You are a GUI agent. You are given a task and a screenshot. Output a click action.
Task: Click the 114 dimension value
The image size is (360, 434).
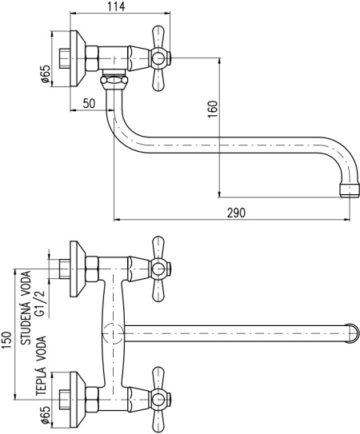pyautogui.click(x=116, y=6)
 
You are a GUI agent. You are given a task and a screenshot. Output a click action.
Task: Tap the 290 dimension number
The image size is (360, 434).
pyautogui.click(x=236, y=213)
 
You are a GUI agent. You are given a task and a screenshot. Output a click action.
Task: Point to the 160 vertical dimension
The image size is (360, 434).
pyautogui.click(x=213, y=109)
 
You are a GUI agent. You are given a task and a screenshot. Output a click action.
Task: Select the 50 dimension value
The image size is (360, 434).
pyautogui.click(x=89, y=104)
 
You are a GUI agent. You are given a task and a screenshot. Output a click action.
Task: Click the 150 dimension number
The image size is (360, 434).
pyautogui.click(x=6, y=340)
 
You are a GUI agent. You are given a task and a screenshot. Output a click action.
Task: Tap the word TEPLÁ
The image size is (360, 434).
pyautogui.click(x=40, y=381)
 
